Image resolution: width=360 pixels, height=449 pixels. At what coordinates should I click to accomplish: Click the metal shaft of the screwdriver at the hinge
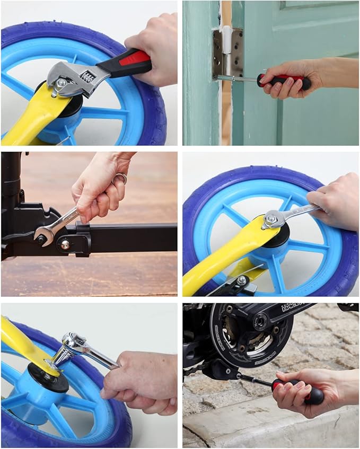[238, 78]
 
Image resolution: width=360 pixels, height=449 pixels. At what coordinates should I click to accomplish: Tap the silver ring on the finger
[121, 179]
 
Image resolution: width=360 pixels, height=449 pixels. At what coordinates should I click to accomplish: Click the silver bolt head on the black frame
[65, 244]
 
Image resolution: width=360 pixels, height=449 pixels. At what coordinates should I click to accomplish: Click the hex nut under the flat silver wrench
[271, 218]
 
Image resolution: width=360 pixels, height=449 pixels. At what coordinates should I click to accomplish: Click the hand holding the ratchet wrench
[141, 382]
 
